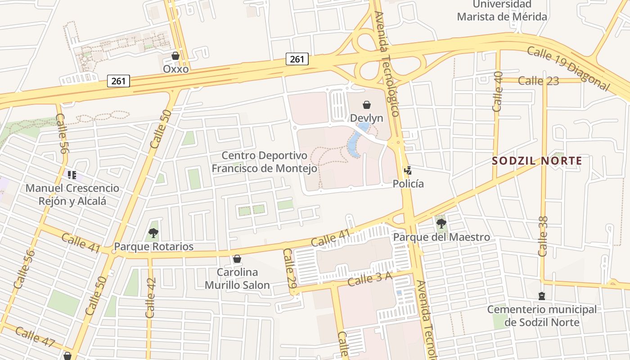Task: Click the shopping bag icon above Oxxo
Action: [x=175, y=56]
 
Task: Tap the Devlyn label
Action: [x=367, y=118]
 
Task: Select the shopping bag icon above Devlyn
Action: [x=367, y=105]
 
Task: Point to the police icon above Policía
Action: [x=408, y=171]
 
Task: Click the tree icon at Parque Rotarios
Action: [x=153, y=233]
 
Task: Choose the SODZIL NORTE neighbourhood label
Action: [x=537, y=161]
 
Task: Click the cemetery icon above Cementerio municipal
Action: [x=542, y=296]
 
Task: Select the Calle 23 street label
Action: [x=538, y=81]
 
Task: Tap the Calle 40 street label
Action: [x=498, y=91]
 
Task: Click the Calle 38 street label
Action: [x=543, y=236]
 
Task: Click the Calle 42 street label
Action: [x=151, y=297]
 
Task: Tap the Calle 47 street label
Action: [x=35, y=337]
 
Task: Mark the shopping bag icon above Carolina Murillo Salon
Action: [x=237, y=259]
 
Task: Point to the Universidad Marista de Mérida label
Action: [x=502, y=11]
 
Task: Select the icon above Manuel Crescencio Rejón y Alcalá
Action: [x=72, y=175]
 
